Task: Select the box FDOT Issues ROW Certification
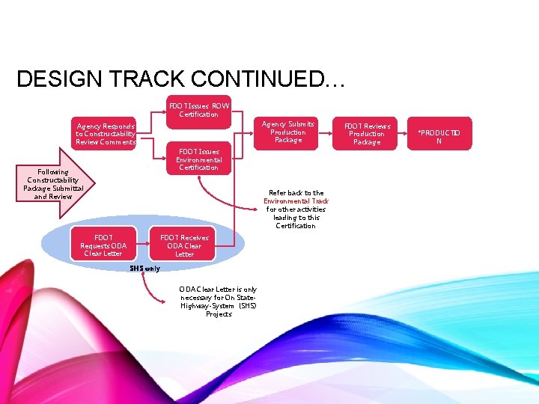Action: pos(198,110)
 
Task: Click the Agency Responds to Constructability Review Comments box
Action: pos(106,134)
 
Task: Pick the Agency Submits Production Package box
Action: pos(287,132)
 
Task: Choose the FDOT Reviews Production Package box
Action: pos(367,134)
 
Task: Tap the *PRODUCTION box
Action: pos(439,136)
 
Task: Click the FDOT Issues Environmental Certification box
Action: pos(198,159)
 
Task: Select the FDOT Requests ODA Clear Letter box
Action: pos(103,245)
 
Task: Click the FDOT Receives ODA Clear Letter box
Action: pos(184,245)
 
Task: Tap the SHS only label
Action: pos(144,268)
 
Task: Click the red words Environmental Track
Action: pos(296,201)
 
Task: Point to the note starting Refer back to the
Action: pos(296,209)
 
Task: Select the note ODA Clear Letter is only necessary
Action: pos(218,302)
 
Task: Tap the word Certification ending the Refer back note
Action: pos(296,226)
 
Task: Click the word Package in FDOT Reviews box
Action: pos(367,142)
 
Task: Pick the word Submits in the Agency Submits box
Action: pos(299,123)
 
